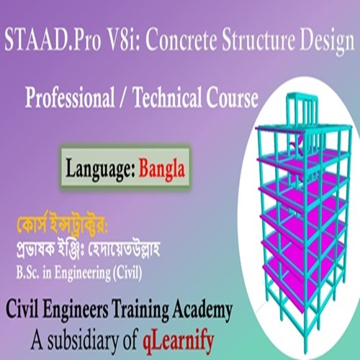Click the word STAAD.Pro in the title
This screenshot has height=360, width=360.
coord(53,40)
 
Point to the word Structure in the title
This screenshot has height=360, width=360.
coord(258,40)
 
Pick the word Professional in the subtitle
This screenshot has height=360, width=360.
coord(70,97)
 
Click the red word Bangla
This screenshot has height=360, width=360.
coord(161,168)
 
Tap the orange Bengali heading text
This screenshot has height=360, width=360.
coord(62,225)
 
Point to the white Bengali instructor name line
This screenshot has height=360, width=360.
coord(88,250)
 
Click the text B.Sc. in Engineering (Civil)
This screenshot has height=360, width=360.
coord(79,273)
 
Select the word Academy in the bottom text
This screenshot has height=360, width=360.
coord(202,310)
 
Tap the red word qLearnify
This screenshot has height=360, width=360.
coord(178,341)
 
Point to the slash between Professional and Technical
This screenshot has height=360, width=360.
coord(124,98)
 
